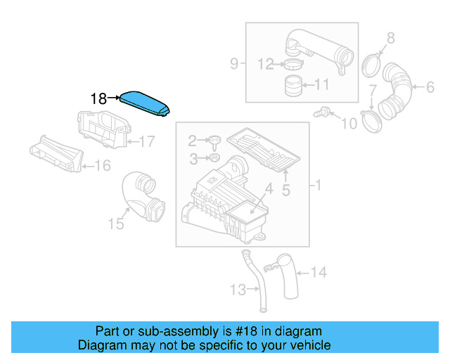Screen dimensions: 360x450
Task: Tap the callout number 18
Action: tap(98, 99)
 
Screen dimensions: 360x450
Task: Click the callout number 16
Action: tap(103, 166)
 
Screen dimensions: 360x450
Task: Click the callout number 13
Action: tap(238, 289)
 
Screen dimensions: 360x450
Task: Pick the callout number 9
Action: tap(234, 65)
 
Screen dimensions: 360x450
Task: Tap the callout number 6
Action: tap(429, 87)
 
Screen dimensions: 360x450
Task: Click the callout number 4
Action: tap(268, 188)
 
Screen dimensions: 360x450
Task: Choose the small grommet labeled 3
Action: tap(216, 155)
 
